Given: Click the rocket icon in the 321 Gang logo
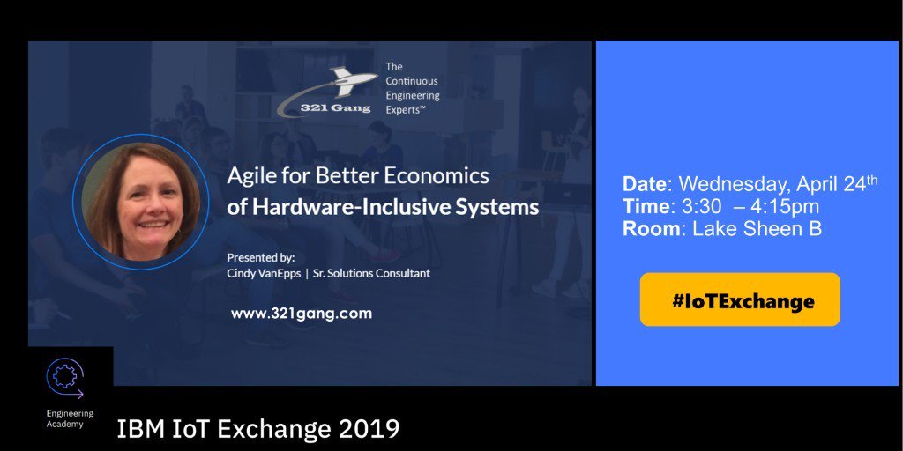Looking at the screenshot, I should (351, 80).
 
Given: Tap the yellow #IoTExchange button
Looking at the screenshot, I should (740, 299).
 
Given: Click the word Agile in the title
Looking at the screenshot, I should (249, 176).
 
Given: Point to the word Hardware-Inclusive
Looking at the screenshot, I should (348, 208).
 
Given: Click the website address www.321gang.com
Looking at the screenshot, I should (301, 313).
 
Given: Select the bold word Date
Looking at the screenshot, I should (645, 184).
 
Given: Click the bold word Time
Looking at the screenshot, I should (645, 207).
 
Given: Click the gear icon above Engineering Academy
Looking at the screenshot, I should (63, 377).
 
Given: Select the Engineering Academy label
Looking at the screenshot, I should (70, 419).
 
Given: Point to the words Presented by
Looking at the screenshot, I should (261, 257).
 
